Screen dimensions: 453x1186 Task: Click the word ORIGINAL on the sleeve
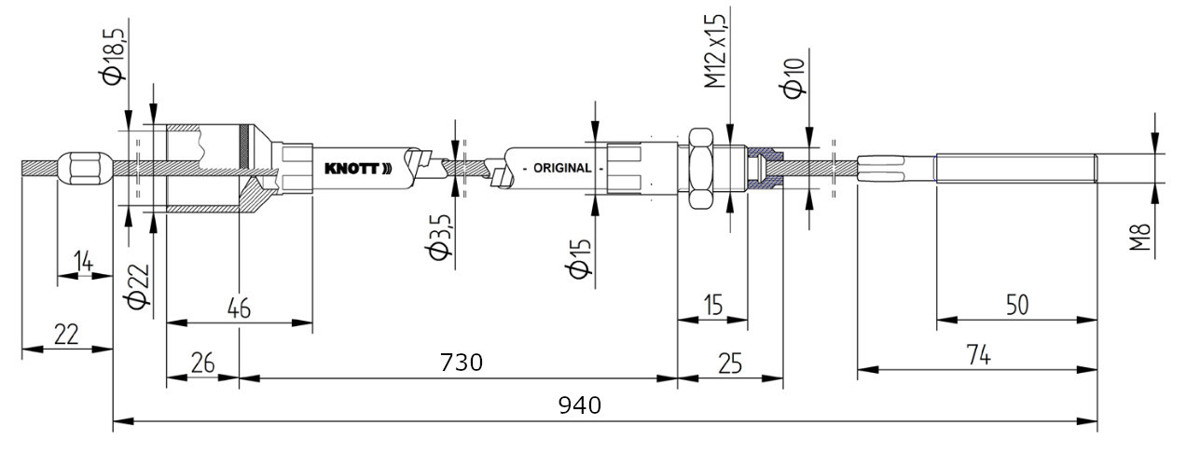coord(561,168)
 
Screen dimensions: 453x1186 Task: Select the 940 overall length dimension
coord(579,405)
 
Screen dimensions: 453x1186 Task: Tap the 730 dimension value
coord(461,363)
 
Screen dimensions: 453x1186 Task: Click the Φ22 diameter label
coord(138,288)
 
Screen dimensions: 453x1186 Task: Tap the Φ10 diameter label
coord(793,75)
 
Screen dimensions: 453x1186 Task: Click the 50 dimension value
coord(1017,306)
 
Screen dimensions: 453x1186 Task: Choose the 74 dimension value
coord(976,354)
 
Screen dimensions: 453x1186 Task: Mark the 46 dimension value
coord(239,309)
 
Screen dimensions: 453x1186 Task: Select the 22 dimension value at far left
coord(65,335)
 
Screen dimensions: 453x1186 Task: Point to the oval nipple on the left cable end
coord(84,169)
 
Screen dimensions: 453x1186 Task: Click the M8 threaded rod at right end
coord(1016,168)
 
